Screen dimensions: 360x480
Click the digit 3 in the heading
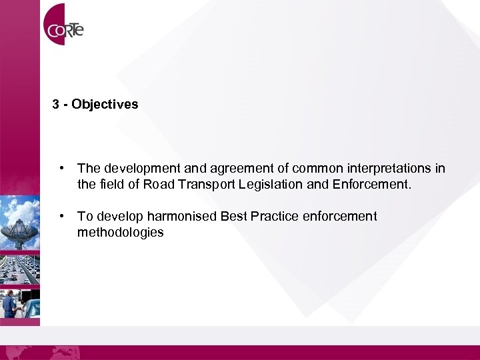56,105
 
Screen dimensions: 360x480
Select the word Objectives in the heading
105,105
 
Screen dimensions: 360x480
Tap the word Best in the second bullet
235,216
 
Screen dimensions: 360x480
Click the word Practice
275,216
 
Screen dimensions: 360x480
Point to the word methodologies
120,233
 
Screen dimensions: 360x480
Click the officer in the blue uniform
9,303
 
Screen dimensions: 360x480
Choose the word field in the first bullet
111,185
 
